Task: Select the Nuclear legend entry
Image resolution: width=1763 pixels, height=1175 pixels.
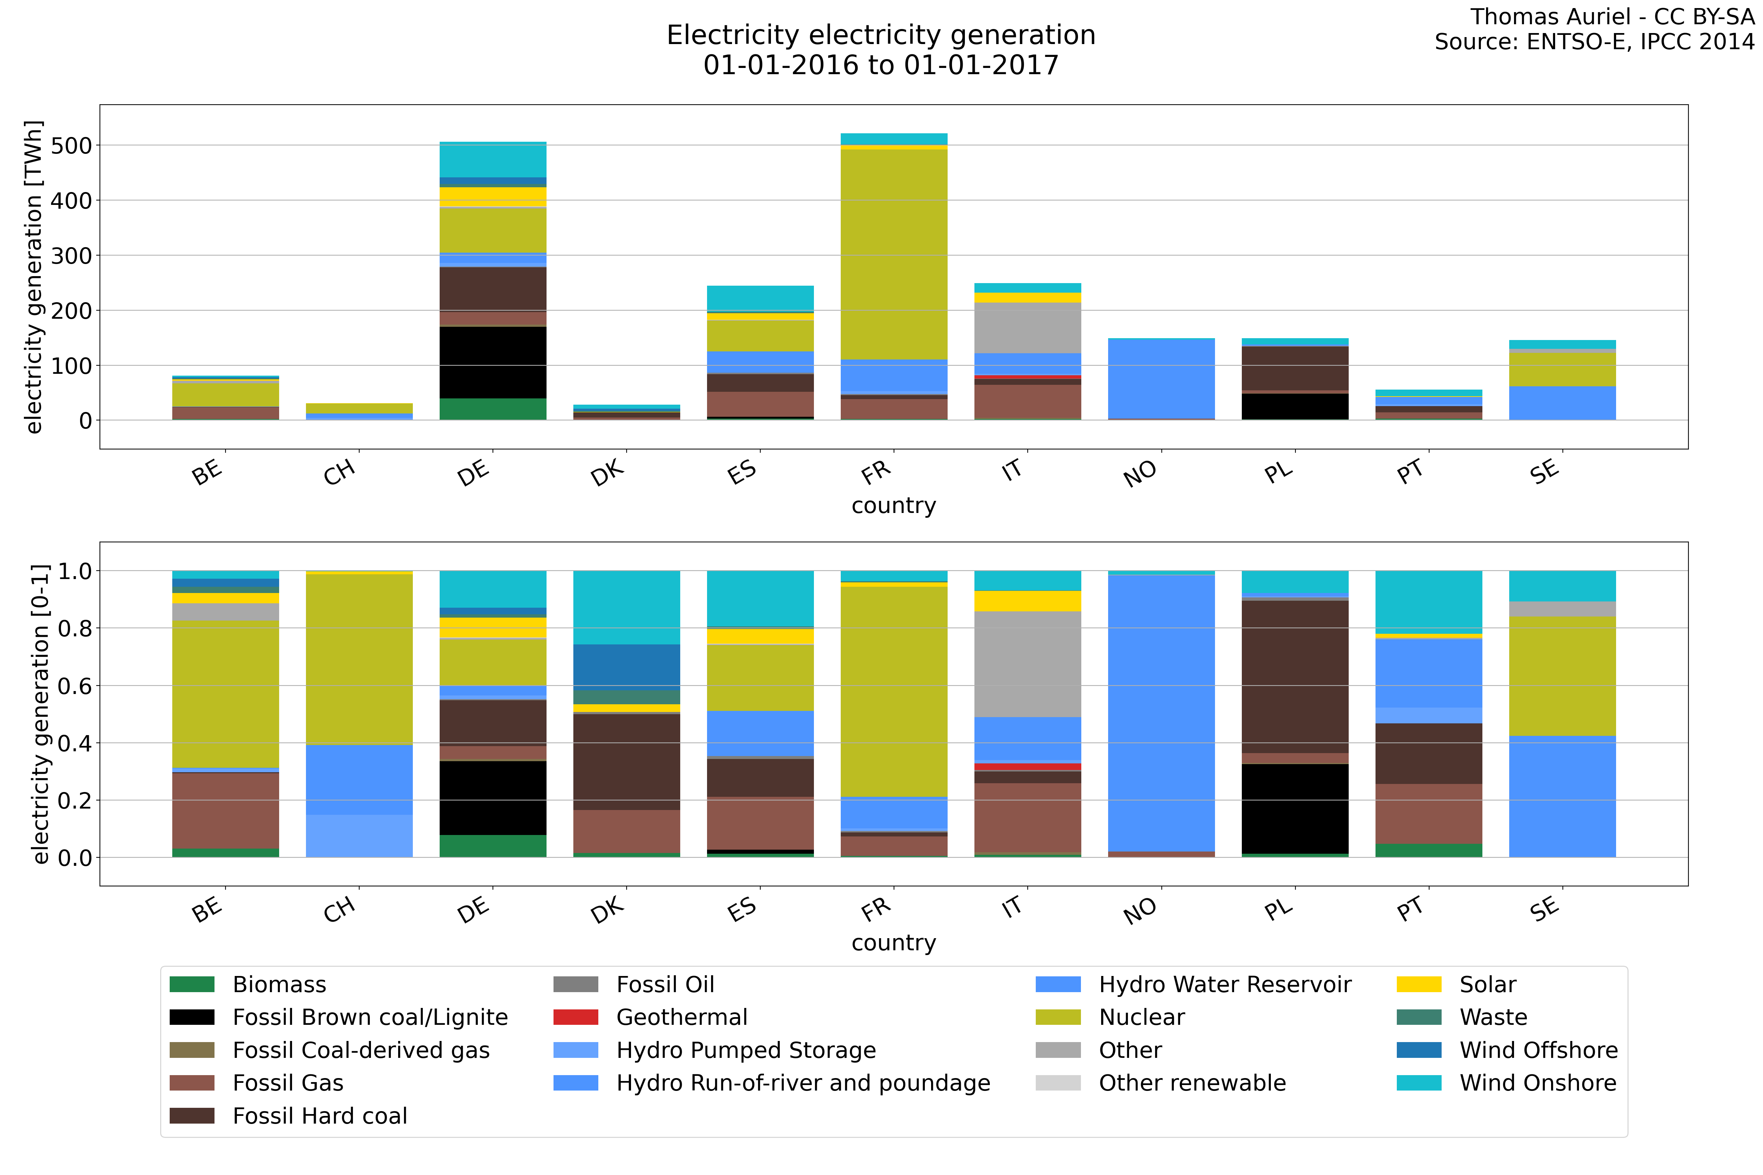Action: pyautogui.click(x=1141, y=1017)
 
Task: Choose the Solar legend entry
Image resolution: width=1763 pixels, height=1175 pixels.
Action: pyautogui.click(x=1487, y=984)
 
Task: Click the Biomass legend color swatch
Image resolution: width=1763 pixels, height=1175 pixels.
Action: pyautogui.click(x=192, y=984)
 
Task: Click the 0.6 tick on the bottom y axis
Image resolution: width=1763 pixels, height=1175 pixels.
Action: pyautogui.click(x=75, y=686)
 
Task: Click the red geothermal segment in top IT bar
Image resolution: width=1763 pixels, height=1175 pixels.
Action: pyautogui.click(x=1028, y=377)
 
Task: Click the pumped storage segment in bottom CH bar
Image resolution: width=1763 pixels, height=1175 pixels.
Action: pyautogui.click(x=359, y=836)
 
